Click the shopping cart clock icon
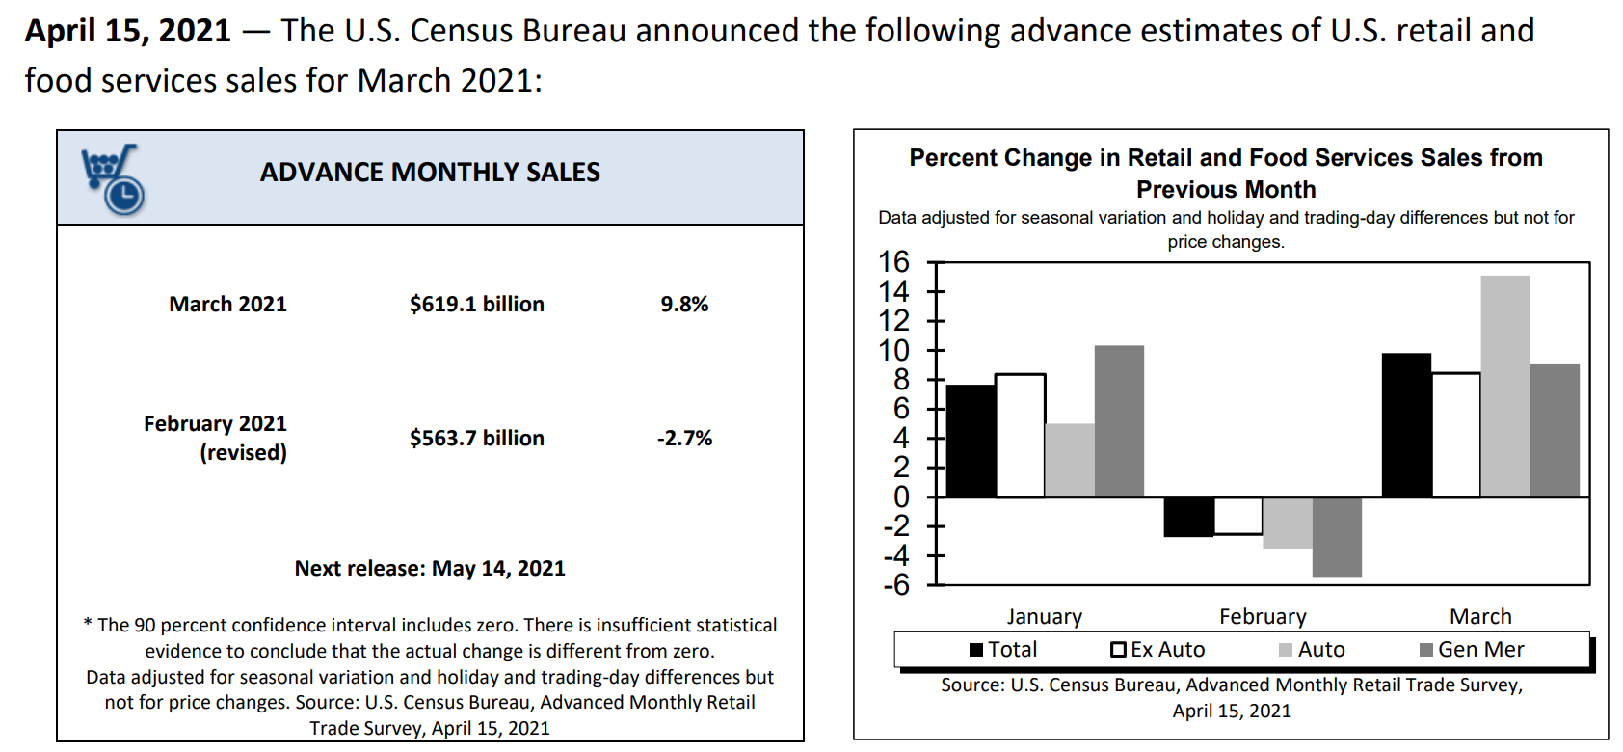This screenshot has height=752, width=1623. [x=113, y=179]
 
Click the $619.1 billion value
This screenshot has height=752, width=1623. [x=476, y=305]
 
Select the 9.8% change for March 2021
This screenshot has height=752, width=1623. [x=684, y=305]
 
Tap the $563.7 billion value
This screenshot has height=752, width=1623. [x=476, y=439]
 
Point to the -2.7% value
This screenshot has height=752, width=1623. [x=684, y=439]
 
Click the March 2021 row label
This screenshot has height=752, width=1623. [x=227, y=305]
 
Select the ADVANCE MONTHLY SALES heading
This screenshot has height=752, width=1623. [x=430, y=173]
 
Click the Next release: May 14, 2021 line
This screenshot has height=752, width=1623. [x=430, y=569]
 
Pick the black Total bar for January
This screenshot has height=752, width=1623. [x=971, y=441]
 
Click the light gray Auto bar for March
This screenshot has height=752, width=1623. [x=1504, y=386]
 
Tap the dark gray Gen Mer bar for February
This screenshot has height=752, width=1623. [x=1337, y=537]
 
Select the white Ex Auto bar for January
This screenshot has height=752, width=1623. [x=1020, y=435]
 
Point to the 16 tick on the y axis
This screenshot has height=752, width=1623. [x=894, y=262]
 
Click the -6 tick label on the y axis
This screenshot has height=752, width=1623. [x=895, y=585]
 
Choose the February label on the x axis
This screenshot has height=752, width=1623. [x=1263, y=617]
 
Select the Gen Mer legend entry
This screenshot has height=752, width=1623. [x=1472, y=650]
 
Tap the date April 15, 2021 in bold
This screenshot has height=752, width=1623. [x=128, y=31]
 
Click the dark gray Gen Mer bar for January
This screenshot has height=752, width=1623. [x=1119, y=420]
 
